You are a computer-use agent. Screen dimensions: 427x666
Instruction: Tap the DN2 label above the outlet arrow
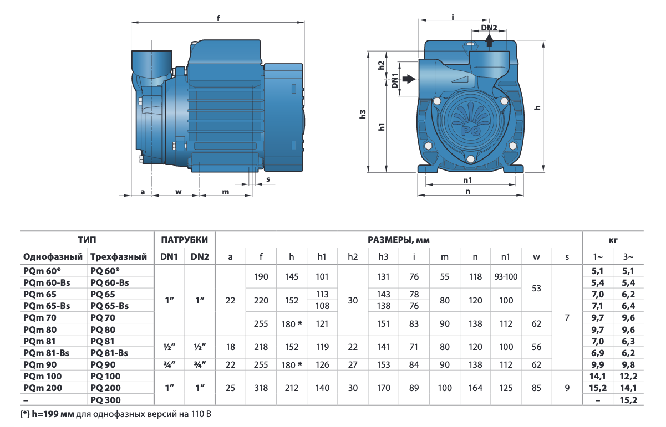pyautogui.click(x=489, y=28)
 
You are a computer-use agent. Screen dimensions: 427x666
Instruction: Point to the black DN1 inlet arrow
pyautogui.click(x=408, y=79)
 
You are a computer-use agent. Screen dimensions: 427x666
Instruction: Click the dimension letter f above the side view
pyautogui.click(x=218, y=18)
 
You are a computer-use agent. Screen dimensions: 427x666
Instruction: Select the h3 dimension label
pyautogui.click(x=364, y=115)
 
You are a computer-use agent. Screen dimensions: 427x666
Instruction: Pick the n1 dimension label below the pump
pyautogui.click(x=467, y=180)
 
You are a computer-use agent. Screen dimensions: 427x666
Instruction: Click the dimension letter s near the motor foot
pyautogui.click(x=268, y=179)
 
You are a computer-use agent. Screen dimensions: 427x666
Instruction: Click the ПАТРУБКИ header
pyautogui.click(x=185, y=240)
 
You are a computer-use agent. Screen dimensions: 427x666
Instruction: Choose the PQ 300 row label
pyautogui.click(x=105, y=400)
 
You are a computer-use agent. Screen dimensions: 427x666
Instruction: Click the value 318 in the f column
pyautogui.click(x=261, y=388)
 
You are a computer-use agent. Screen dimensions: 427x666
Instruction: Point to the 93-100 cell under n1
pyautogui.click(x=506, y=276)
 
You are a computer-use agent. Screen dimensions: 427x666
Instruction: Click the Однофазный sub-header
pyautogui.click(x=53, y=257)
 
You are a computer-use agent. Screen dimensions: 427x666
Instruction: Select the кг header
pyautogui.click(x=613, y=240)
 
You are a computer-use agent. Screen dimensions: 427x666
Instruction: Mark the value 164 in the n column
pyautogui.click(x=475, y=388)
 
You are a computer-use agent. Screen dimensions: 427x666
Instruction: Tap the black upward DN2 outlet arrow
pyautogui.click(x=489, y=40)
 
